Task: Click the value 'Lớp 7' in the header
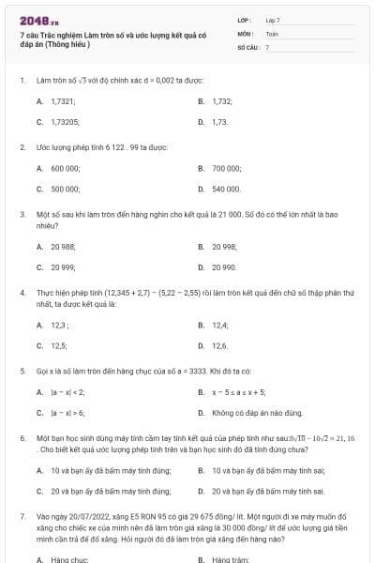[x=273, y=19]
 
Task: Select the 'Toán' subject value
[x=272, y=33]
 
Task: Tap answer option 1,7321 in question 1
[x=63, y=100]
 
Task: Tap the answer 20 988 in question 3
[x=63, y=246]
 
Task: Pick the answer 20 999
[x=63, y=267]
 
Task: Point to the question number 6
[x=22, y=438]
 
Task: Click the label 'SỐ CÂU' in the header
[x=247, y=46]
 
